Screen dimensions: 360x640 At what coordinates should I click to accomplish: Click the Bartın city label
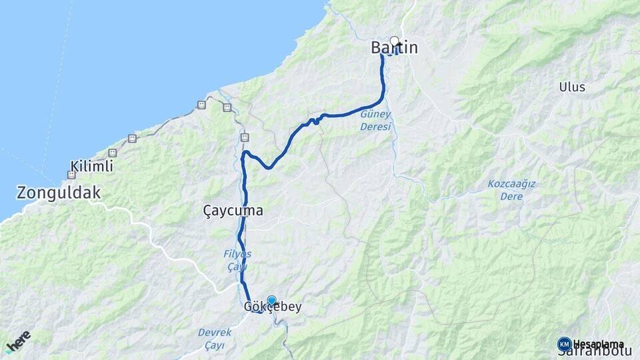[395, 48]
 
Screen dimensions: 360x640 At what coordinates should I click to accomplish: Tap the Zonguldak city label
[59, 193]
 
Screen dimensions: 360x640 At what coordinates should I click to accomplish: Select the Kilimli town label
[91, 167]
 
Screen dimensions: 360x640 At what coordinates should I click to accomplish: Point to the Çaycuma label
[233, 211]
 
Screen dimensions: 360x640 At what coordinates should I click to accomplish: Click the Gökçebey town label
[273, 307]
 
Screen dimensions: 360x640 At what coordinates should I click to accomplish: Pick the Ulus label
[572, 87]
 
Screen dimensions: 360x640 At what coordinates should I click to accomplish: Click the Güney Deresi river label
[375, 121]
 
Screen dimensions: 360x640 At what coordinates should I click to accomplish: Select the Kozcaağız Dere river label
[512, 190]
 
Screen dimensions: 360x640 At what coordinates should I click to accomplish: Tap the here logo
[18, 340]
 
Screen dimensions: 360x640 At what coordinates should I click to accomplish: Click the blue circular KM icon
[564, 344]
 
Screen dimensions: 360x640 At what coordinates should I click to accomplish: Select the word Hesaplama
[598, 344]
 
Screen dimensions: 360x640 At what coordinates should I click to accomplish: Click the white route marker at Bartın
[394, 40]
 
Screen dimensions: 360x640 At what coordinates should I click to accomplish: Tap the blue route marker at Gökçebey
[271, 301]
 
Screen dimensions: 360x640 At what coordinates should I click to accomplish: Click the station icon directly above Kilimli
[112, 153]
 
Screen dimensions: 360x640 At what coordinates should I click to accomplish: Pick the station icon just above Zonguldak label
[71, 175]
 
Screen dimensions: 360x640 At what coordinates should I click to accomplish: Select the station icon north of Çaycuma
[245, 137]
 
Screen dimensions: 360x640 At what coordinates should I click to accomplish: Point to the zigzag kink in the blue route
[313, 121]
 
